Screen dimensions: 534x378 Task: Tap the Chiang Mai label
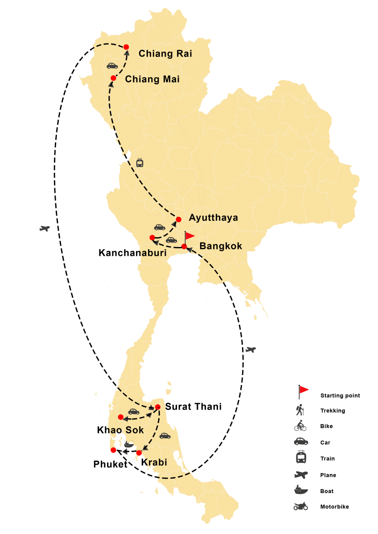click(x=152, y=80)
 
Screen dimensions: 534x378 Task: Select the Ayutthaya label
click(x=213, y=218)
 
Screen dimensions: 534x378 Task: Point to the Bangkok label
click(x=221, y=246)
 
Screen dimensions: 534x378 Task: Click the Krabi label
click(x=155, y=462)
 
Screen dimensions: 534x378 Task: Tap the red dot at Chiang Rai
click(x=126, y=47)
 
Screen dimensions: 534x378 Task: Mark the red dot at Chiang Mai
click(x=113, y=78)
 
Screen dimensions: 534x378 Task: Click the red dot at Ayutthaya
click(x=179, y=219)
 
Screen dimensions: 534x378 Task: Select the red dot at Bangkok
click(x=184, y=247)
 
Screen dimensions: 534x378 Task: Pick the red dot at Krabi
click(x=139, y=453)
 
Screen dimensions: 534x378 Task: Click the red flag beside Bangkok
click(x=189, y=236)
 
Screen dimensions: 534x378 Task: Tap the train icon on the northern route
click(x=140, y=162)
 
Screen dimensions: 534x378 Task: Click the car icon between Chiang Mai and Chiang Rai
click(x=112, y=65)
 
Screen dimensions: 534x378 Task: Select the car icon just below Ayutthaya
click(x=160, y=227)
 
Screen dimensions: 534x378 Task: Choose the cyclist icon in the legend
click(x=300, y=426)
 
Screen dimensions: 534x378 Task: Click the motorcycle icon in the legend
click(x=300, y=506)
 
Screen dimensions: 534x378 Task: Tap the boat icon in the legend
click(x=301, y=490)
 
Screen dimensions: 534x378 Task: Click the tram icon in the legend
click(x=301, y=457)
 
